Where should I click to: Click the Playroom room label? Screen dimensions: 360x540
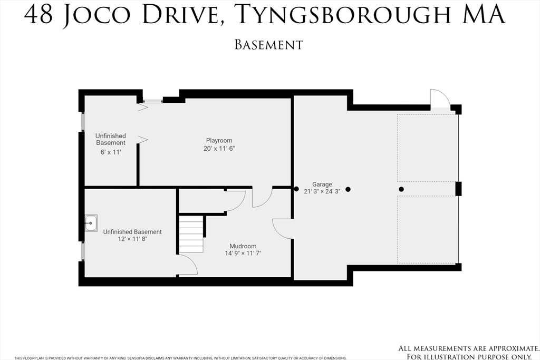point(219,140)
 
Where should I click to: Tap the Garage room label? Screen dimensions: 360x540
point(322,184)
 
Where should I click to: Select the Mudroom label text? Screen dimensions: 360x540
point(243,246)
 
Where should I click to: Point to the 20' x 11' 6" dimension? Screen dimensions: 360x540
point(219,148)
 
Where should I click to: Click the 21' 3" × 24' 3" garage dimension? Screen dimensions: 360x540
point(322,191)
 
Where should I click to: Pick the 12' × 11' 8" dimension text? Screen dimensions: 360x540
point(132,239)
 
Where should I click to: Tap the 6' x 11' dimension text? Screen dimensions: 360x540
point(110,152)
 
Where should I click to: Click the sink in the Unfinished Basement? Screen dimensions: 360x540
point(91,223)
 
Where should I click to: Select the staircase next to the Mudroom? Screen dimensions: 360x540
point(191,233)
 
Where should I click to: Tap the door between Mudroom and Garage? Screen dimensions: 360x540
point(282,229)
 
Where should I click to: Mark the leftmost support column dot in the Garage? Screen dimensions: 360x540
point(296,189)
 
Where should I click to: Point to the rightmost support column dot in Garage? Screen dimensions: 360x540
point(401,189)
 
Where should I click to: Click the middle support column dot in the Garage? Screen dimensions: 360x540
point(348,189)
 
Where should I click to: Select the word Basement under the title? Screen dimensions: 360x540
point(269,45)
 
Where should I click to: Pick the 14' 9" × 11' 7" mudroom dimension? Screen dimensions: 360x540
point(243,253)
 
